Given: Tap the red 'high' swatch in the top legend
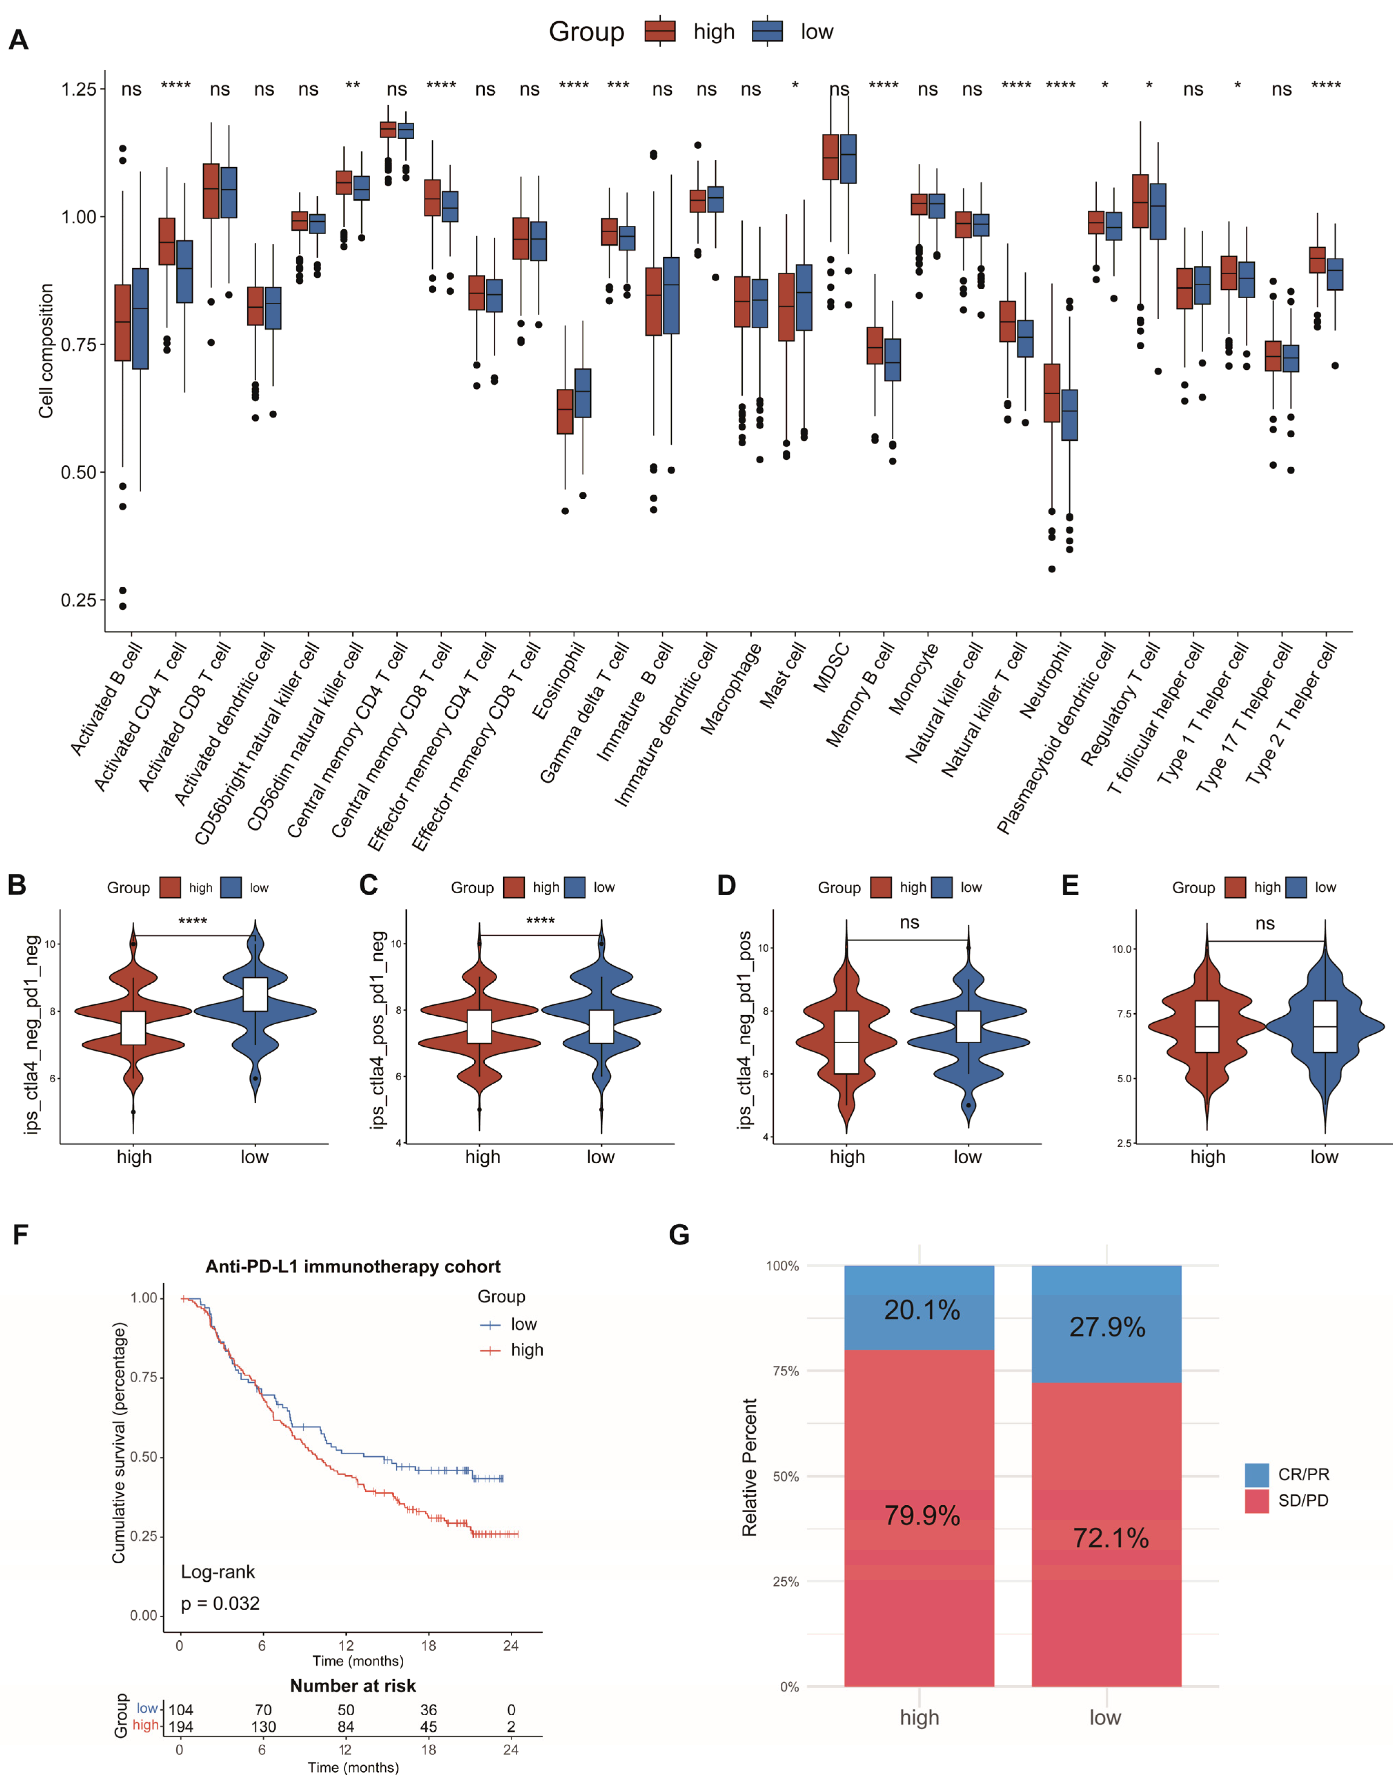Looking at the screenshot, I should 660,31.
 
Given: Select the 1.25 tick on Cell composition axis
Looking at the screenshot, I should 78,89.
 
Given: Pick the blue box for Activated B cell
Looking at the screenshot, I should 140,318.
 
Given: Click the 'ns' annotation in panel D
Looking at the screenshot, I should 909,922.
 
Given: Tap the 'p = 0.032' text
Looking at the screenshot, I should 220,1603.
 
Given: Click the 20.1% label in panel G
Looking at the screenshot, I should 922,1310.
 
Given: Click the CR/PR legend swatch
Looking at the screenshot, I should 1257,1474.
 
